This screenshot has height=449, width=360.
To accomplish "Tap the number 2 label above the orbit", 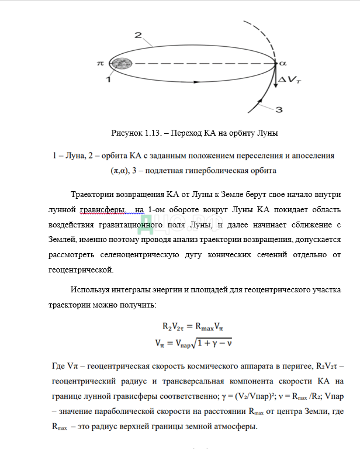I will pos(139,36).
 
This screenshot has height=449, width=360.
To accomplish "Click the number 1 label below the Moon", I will pos(109,79).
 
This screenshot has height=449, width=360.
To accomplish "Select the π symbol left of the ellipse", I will pos(100,61).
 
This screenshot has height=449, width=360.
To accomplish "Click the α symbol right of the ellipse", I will pos(283,61).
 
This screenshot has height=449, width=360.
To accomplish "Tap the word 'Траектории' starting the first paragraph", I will pos(94,194).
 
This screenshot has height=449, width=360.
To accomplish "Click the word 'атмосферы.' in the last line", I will pos(235,426).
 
